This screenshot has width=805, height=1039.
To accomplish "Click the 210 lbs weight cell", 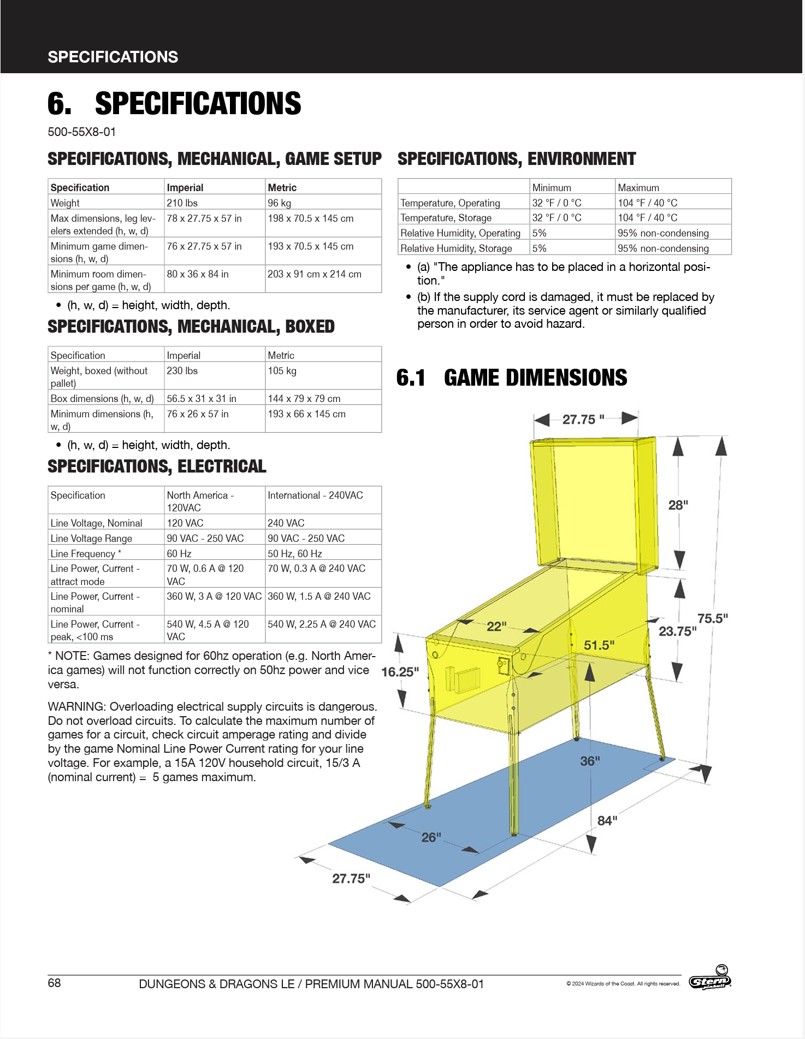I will (x=182, y=203).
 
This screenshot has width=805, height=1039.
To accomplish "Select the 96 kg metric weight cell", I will (x=280, y=203).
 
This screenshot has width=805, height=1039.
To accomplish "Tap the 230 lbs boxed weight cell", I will (x=182, y=370).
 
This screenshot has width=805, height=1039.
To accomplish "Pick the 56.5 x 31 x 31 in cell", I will (x=202, y=398).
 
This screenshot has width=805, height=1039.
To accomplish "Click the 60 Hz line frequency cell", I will (x=179, y=553).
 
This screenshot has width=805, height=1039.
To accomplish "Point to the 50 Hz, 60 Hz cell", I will (x=295, y=553).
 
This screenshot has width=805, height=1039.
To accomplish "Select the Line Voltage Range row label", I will (x=91, y=538).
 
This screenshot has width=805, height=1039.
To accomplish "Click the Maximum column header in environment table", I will (x=638, y=187).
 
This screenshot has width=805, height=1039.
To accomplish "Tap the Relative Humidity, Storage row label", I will (x=456, y=248).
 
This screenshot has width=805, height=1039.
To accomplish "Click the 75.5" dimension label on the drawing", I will (x=713, y=618).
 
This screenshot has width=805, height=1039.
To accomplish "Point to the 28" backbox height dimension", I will (x=678, y=505).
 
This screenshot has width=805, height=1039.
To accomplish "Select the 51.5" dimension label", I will (x=599, y=645).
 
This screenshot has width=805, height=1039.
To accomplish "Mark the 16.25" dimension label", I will (x=400, y=671).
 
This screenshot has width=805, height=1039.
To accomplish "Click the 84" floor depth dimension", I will (x=607, y=820).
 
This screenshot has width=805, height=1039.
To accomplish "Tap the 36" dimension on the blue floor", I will (x=590, y=760).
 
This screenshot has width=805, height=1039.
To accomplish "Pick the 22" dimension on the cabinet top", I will (x=496, y=626).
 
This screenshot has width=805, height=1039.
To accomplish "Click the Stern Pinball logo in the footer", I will (x=710, y=980).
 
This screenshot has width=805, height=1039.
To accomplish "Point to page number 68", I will (x=54, y=983).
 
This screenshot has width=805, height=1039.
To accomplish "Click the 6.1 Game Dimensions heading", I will (x=512, y=377).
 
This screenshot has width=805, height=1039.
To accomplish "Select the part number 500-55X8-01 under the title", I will (x=82, y=132).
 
